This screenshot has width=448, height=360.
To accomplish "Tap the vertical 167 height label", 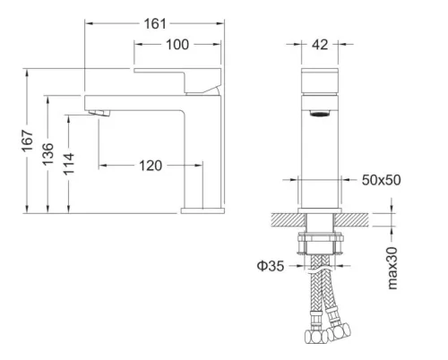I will coord(29,141).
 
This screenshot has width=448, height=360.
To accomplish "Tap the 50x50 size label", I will coord(383,180).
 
